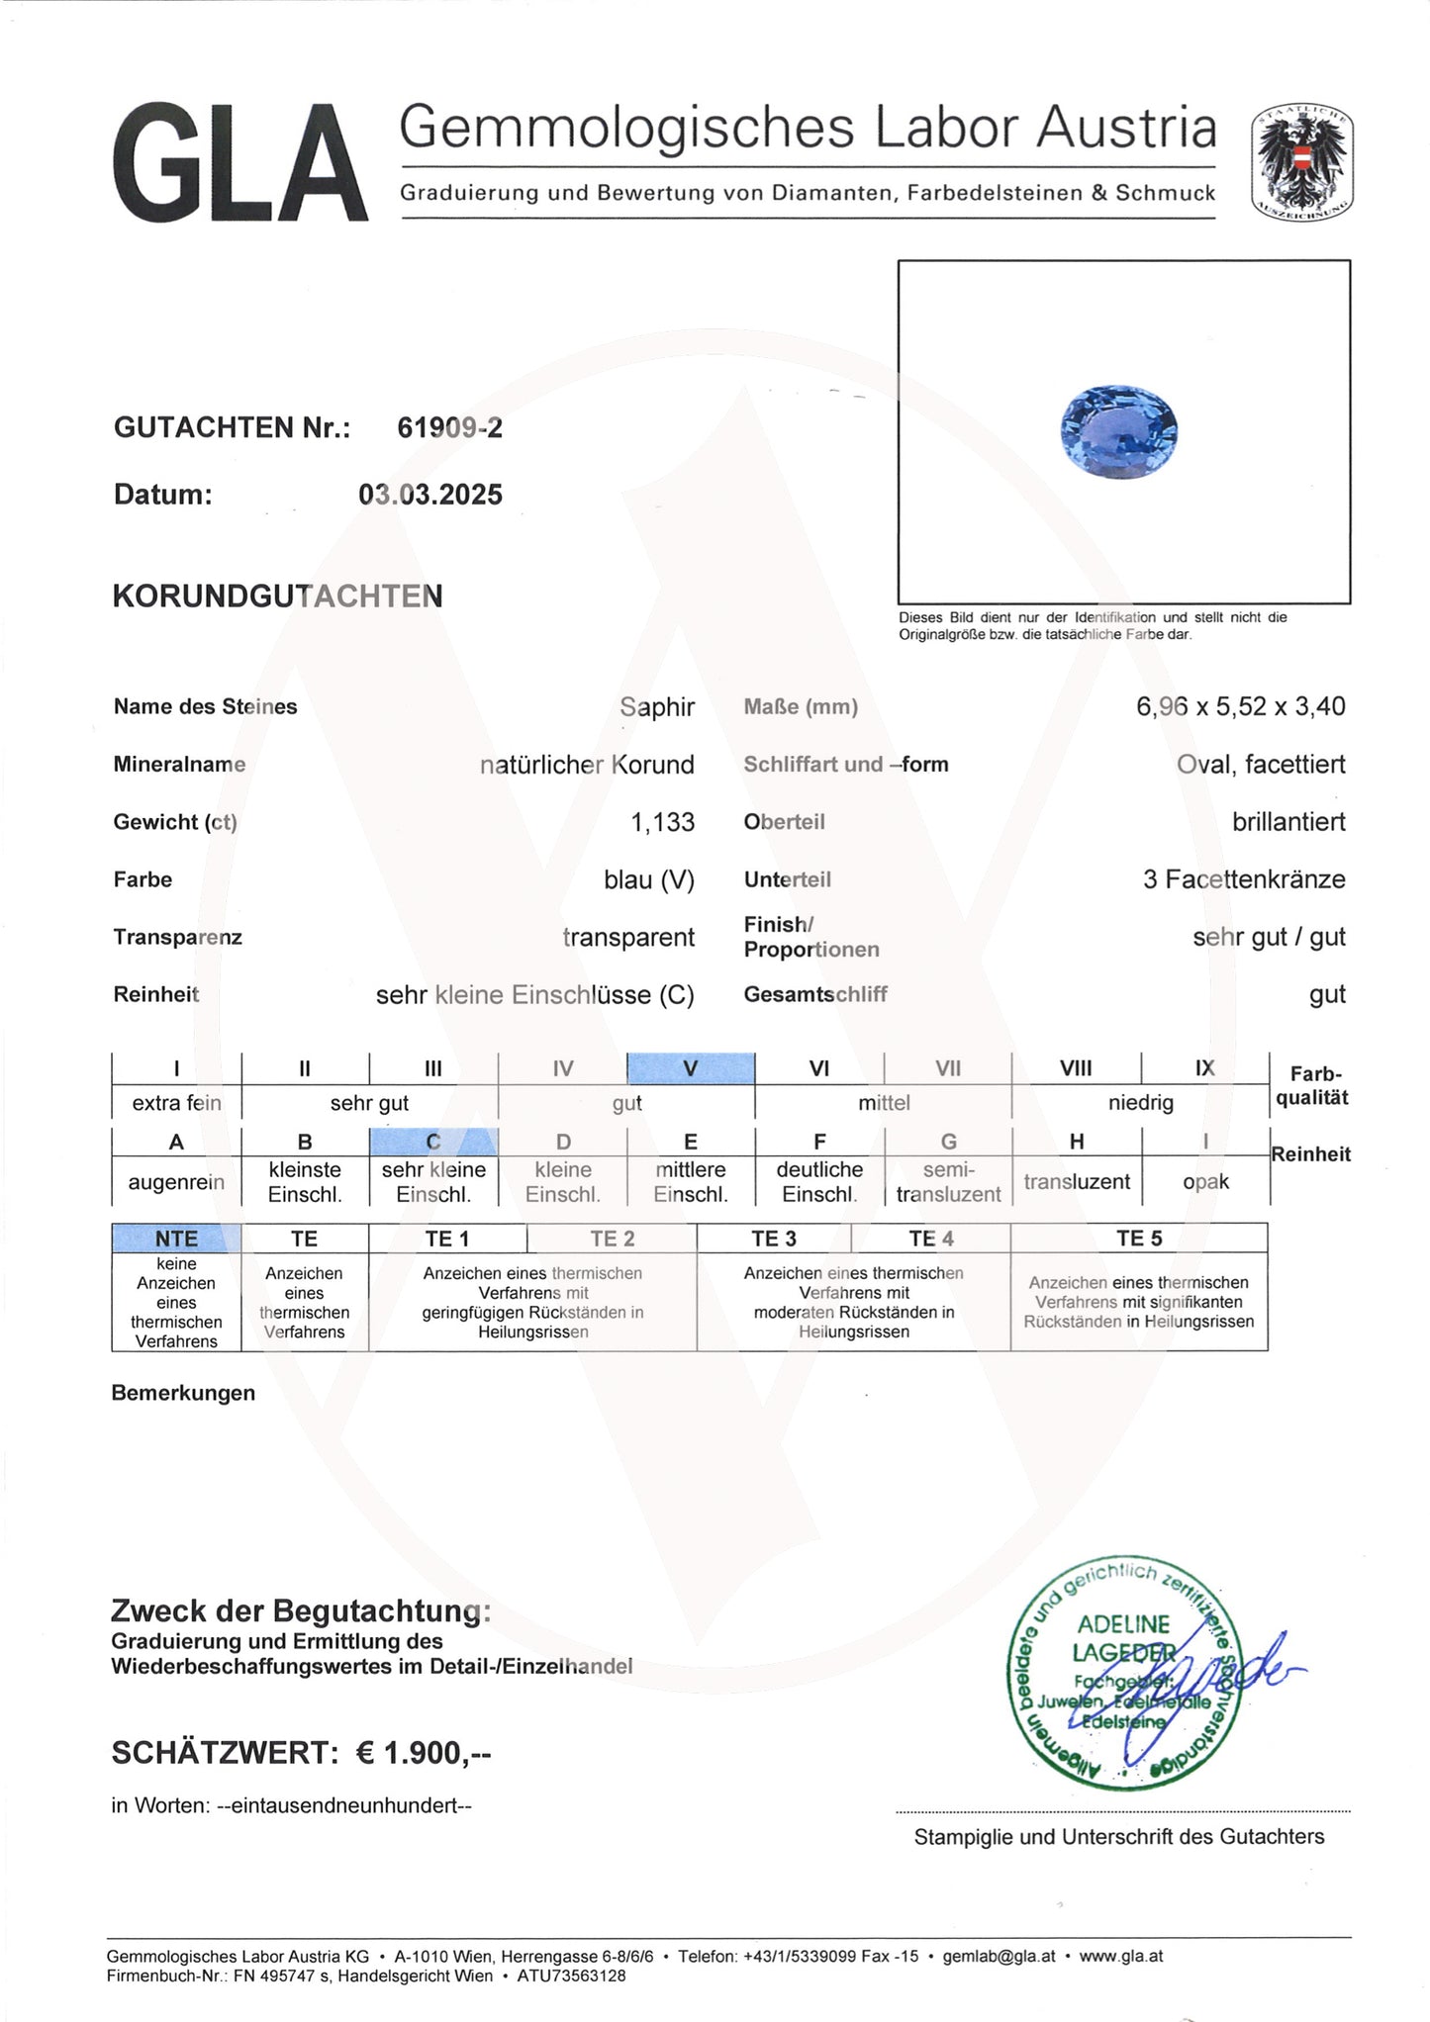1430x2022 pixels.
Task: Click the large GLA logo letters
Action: [239, 163]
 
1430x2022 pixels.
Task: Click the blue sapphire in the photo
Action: [1118, 431]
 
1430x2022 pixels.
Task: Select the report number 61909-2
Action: [449, 427]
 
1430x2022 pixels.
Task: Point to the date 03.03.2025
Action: [429, 495]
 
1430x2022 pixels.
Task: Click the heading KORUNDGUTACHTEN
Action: [277, 597]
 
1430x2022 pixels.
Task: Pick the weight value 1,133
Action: [662, 822]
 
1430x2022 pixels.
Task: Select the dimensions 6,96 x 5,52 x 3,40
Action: [1240, 706]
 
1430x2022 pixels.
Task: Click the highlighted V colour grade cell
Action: [691, 1068]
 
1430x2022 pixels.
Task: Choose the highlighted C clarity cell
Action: [433, 1142]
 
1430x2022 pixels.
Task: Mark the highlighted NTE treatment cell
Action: [176, 1239]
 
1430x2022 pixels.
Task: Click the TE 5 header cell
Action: [1138, 1239]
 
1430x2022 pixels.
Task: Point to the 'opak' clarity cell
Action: [1205, 1182]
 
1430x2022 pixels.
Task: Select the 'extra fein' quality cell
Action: [176, 1103]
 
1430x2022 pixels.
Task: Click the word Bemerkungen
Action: [183, 1393]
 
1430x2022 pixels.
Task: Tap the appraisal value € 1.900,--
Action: [424, 1753]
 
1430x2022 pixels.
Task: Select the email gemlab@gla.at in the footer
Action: [999, 1956]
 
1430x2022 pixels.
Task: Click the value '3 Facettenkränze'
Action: [1243, 879]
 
